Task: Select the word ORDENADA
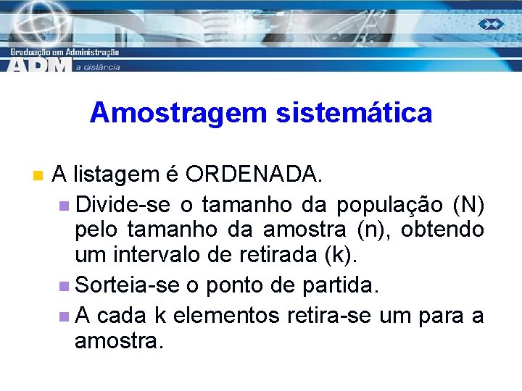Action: (252, 175)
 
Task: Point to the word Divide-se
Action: (123, 206)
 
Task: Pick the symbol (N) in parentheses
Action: (468, 206)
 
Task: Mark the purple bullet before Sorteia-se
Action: (66, 285)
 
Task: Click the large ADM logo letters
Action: (40, 64)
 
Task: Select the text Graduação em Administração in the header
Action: (65, 51)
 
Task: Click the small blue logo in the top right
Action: (491, 25)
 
